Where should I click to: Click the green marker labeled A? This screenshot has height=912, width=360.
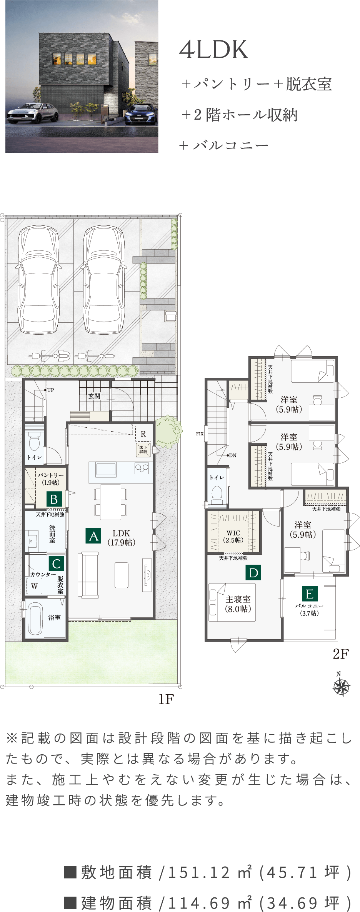pyautogui.click(x=93, y=536)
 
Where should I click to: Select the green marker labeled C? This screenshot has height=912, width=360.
pyautogui.click(x=56, y=564)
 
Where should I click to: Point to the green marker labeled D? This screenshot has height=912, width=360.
pyautogui.click(x=253, y=572)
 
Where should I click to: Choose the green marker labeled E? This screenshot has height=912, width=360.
pyautogui.click(x=309, y=594)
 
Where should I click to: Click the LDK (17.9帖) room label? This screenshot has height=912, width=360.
pyautogui.click(x=121, y=538)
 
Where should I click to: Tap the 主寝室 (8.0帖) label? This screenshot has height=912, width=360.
pyautogui.click(x=238, y=604)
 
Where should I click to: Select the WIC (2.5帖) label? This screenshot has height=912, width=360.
pyautogui.click(x=233, y=536)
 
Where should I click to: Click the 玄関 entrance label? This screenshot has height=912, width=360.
pyautogui.click(x=94, y=396)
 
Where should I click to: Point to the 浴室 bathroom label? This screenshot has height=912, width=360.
pyautogui.click(x=54, y=617)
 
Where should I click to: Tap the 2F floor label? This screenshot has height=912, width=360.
pyautogui.click(x=341, y=654)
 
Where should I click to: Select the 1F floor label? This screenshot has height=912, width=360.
pyautogui.click(x=166, y=699)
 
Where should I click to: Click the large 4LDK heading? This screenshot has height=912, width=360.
pyautogui.click(x=213, y=50)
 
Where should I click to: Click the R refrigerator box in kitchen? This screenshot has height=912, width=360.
pyautogui.click(x=143, y=434)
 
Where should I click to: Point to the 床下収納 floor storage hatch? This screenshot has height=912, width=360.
pyautogui.click(x=143, y=449)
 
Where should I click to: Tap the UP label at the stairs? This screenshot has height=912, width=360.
pyautogui.click(x=50, y=390)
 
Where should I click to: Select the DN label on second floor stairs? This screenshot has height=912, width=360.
pyautogui.click(x=233, y=455)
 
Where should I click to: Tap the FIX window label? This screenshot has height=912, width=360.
pyautogui.click(x=200, y=434)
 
